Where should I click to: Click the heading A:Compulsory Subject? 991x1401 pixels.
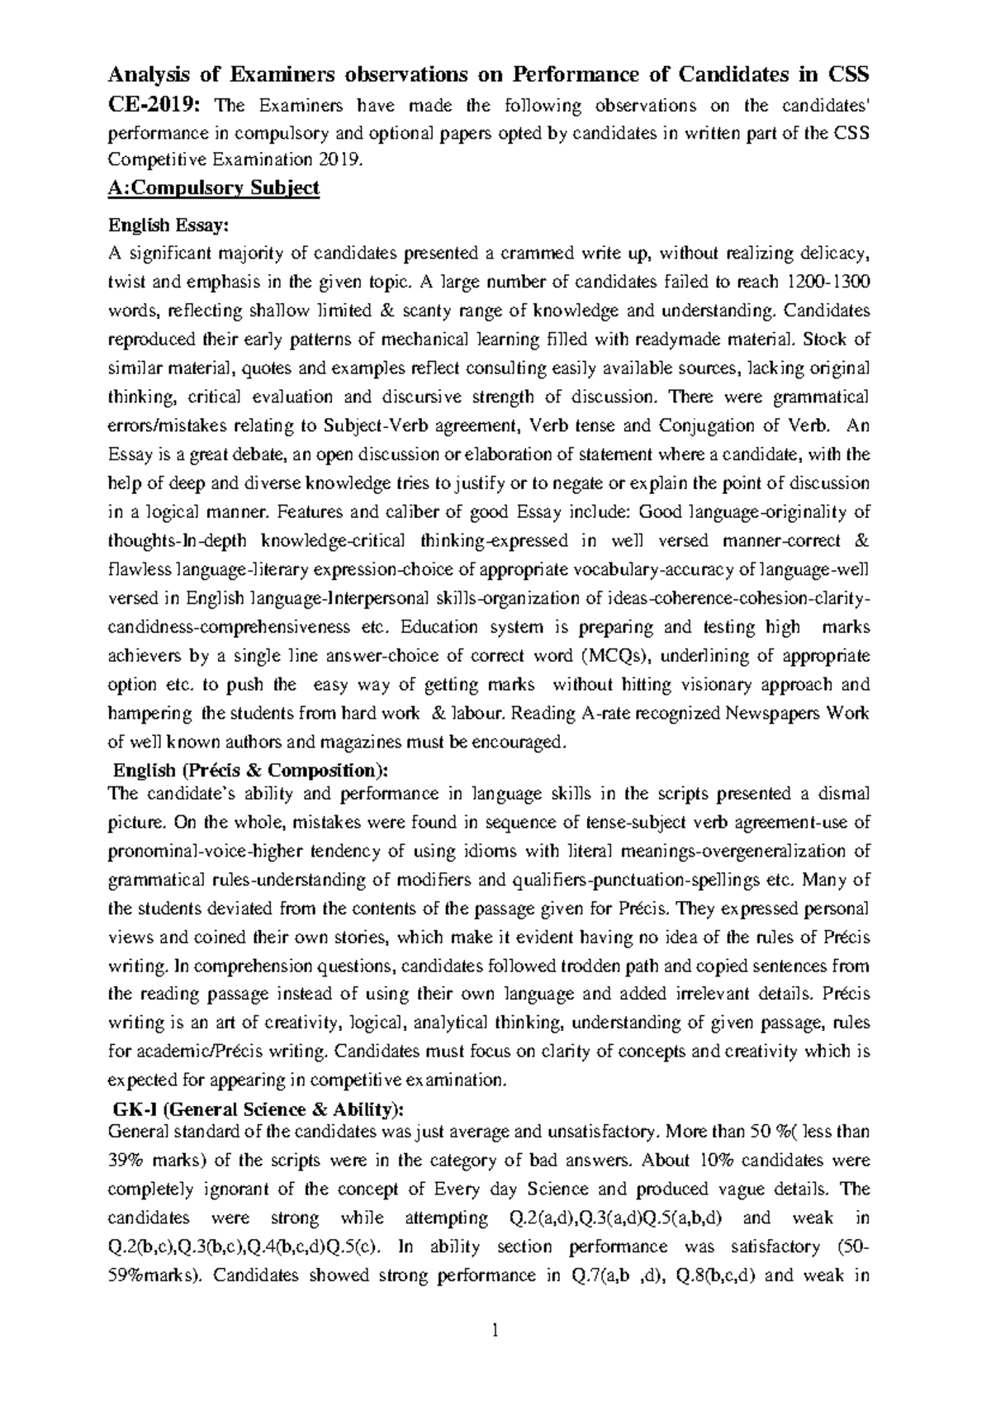[213, 188]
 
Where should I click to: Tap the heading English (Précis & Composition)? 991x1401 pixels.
[249, 770]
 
